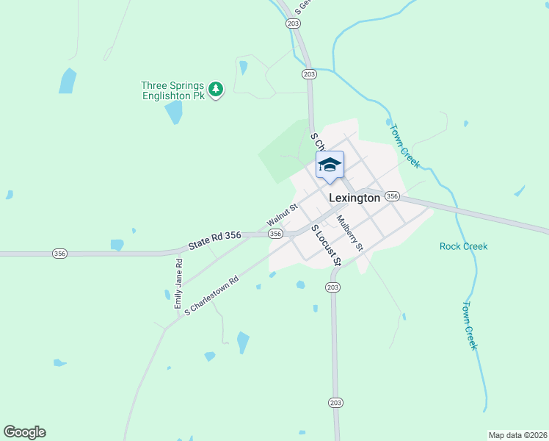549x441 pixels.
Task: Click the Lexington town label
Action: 355,198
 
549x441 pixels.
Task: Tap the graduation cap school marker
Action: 330,165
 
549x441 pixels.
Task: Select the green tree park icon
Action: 215,90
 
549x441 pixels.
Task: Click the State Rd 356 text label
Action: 214,240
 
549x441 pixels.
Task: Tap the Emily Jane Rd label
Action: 178,283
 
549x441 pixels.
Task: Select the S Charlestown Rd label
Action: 212,295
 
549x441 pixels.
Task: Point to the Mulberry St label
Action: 350,232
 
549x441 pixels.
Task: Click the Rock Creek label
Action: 463,246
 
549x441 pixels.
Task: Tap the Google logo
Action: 24,432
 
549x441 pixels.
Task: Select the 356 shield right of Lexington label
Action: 392,196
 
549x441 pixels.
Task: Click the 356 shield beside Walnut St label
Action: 275,234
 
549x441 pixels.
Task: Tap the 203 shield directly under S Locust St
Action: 333,287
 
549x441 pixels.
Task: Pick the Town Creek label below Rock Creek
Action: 470,325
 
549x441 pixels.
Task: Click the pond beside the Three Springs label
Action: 174,112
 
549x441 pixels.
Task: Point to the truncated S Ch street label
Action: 316,141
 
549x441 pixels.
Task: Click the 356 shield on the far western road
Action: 60,254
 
